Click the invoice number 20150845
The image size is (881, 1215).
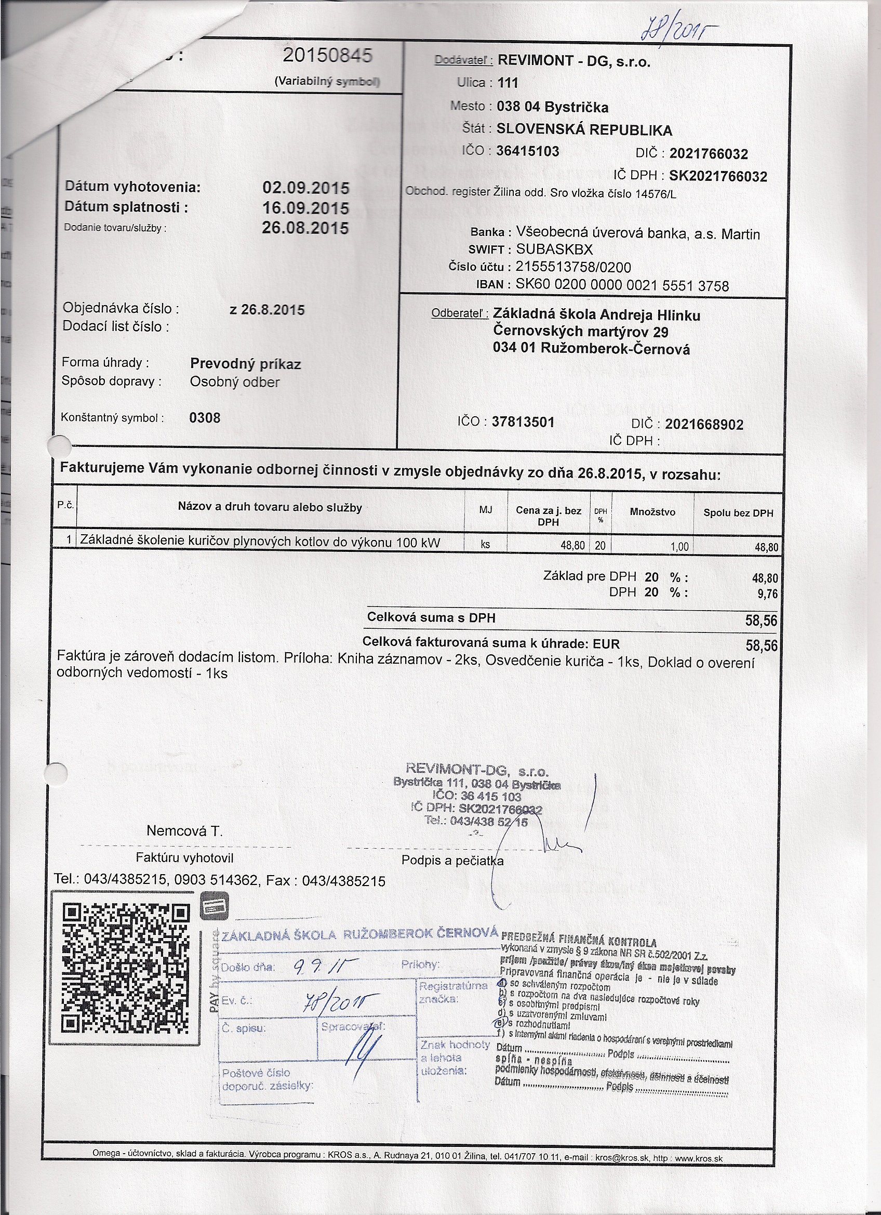pos(327,56)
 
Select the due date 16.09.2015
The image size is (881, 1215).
pos(305,208)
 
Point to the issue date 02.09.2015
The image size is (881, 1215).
pos(305,188)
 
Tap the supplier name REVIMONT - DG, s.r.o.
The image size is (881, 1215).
pos(573,61)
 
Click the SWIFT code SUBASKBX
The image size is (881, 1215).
pos(554,249)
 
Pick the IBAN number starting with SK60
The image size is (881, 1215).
pos(622,285)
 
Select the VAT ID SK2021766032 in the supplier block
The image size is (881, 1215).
pos(718,176)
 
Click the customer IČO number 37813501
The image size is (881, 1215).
pos(523,422)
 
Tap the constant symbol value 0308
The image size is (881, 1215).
pos(205,418)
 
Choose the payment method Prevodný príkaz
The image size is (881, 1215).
pos(245,364)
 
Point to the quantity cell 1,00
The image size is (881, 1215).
pos(679,547)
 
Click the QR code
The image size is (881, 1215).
pos(126,969)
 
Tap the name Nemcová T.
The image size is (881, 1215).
pos(184,831)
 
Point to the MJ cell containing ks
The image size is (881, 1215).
pos(485,544)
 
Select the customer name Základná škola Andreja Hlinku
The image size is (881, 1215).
pos(596,315)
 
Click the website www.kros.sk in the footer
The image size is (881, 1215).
pos(698,1159)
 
